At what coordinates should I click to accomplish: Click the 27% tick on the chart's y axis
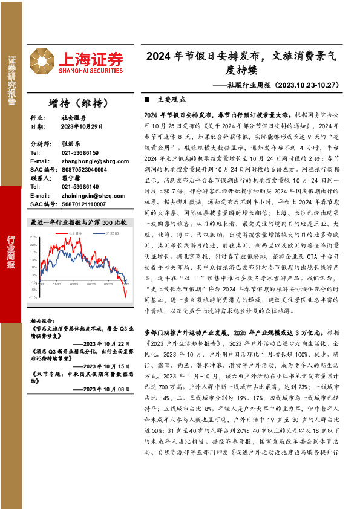pyautogui.click(x=34, y=237)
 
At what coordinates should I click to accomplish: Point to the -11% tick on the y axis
pyautogui.click(x=33, y=297)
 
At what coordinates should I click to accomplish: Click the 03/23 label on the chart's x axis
pyautogui.click(x=73, y=283)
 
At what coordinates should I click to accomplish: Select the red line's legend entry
pyautogui.click(x=72, y=232)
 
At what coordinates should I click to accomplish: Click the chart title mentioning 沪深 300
pyautogui.click(x=79, y=222)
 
